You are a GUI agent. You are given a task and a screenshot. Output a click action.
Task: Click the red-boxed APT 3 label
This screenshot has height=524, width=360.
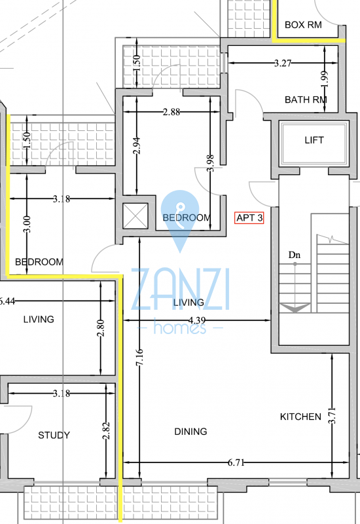pos(249,218)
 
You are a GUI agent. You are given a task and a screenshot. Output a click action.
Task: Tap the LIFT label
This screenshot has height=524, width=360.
pos(314,140)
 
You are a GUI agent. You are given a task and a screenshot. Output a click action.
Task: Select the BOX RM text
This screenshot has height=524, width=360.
pos(303,25)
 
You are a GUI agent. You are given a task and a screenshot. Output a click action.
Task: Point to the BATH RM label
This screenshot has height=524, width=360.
pos(306,100)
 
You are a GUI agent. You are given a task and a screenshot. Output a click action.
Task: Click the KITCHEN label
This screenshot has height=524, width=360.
pos(300,417)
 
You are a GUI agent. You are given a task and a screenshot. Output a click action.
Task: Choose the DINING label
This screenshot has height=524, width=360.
pos(190,432)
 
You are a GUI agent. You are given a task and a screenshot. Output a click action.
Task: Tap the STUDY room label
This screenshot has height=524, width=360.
pos(54,435)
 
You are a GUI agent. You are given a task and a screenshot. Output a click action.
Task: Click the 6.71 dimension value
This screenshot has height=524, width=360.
pos(236,462)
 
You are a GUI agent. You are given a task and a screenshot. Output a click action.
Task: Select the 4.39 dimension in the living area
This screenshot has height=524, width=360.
pos(197,320)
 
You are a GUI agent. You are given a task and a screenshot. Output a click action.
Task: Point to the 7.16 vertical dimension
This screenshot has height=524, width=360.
pos(139,357)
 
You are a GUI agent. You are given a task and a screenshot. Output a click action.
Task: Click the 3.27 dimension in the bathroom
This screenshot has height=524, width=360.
pos(283,63)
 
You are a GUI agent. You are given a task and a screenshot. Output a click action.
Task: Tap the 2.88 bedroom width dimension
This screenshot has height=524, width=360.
pos(171,111)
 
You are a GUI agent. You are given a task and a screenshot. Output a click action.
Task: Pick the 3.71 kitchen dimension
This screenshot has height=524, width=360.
pos(332,415)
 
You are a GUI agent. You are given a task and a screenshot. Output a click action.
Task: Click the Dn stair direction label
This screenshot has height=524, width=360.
pos(294,255)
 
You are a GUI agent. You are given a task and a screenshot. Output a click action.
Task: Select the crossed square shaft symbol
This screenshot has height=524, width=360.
pos(135,216)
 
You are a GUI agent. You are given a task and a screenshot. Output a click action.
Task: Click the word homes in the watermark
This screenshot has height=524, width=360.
pos(179,327)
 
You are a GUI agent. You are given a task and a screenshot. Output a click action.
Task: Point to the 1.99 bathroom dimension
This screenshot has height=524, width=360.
pos(325,79)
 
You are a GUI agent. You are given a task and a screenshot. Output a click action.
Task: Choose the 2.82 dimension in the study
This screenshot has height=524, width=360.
pos(106,431)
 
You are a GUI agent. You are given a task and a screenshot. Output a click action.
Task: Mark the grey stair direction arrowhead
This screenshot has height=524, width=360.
pos(295,308)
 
